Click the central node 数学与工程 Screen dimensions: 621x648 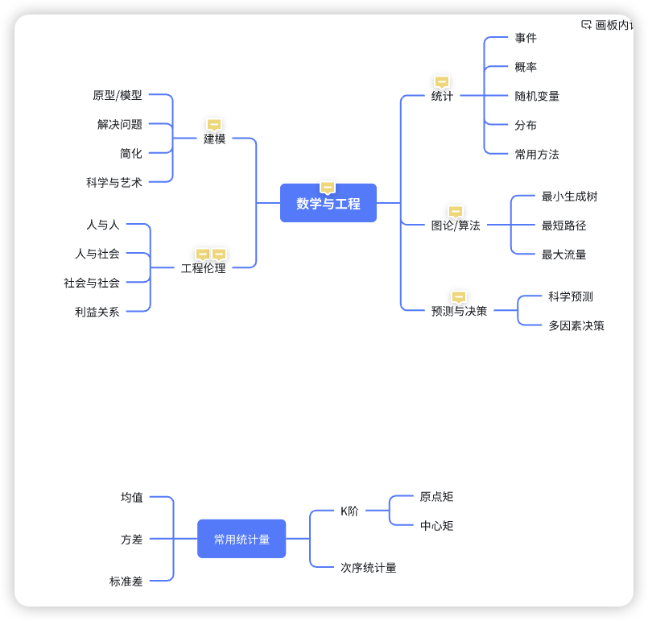coord(328,204)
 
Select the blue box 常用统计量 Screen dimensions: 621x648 coord(241,539)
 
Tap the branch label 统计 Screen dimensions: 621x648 coord(442,96)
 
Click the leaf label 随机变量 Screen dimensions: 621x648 coord(537,96)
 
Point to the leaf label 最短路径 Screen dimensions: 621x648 coord(563,226)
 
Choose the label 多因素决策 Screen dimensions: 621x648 coord(576,325)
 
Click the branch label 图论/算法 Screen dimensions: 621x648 coord(456,226)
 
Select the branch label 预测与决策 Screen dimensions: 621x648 coord(459,311)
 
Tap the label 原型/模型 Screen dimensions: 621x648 coord(118,95)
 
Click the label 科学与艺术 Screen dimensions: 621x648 coord(114,182)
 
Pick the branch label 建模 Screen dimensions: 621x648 coord(214,139)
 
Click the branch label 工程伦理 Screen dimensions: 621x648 coord(203,268)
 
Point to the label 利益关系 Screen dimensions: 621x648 coord(97,312)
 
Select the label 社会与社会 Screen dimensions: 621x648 coord(92,283)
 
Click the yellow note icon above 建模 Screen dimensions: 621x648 coord(214,124)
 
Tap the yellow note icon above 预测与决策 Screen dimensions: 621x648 coord(459,296)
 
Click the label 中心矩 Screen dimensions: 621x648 coord(437,526)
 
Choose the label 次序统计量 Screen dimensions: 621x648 coord(369,568)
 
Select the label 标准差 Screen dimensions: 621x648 coord(126,581)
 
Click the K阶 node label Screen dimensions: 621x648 coord(349,511)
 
